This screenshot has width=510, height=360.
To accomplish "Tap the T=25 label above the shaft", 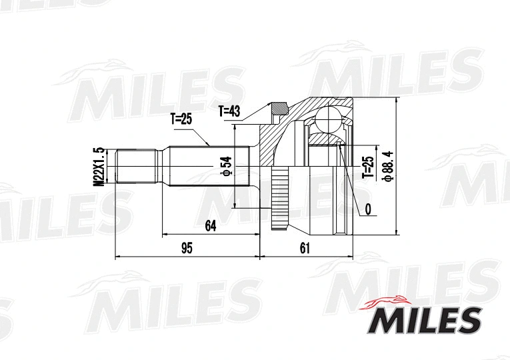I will click(181, 119).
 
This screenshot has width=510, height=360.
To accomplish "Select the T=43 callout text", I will click(229, 111).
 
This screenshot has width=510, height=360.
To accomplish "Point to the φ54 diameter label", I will click(227, 166).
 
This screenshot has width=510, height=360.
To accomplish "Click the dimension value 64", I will click(210, 226).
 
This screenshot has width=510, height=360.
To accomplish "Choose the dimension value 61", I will click(305, 248).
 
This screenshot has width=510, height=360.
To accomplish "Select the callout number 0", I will click(367, 209).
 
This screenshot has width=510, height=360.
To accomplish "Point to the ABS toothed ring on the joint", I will click(279, 199).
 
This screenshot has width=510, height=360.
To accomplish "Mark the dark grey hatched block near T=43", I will click(279, 108).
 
